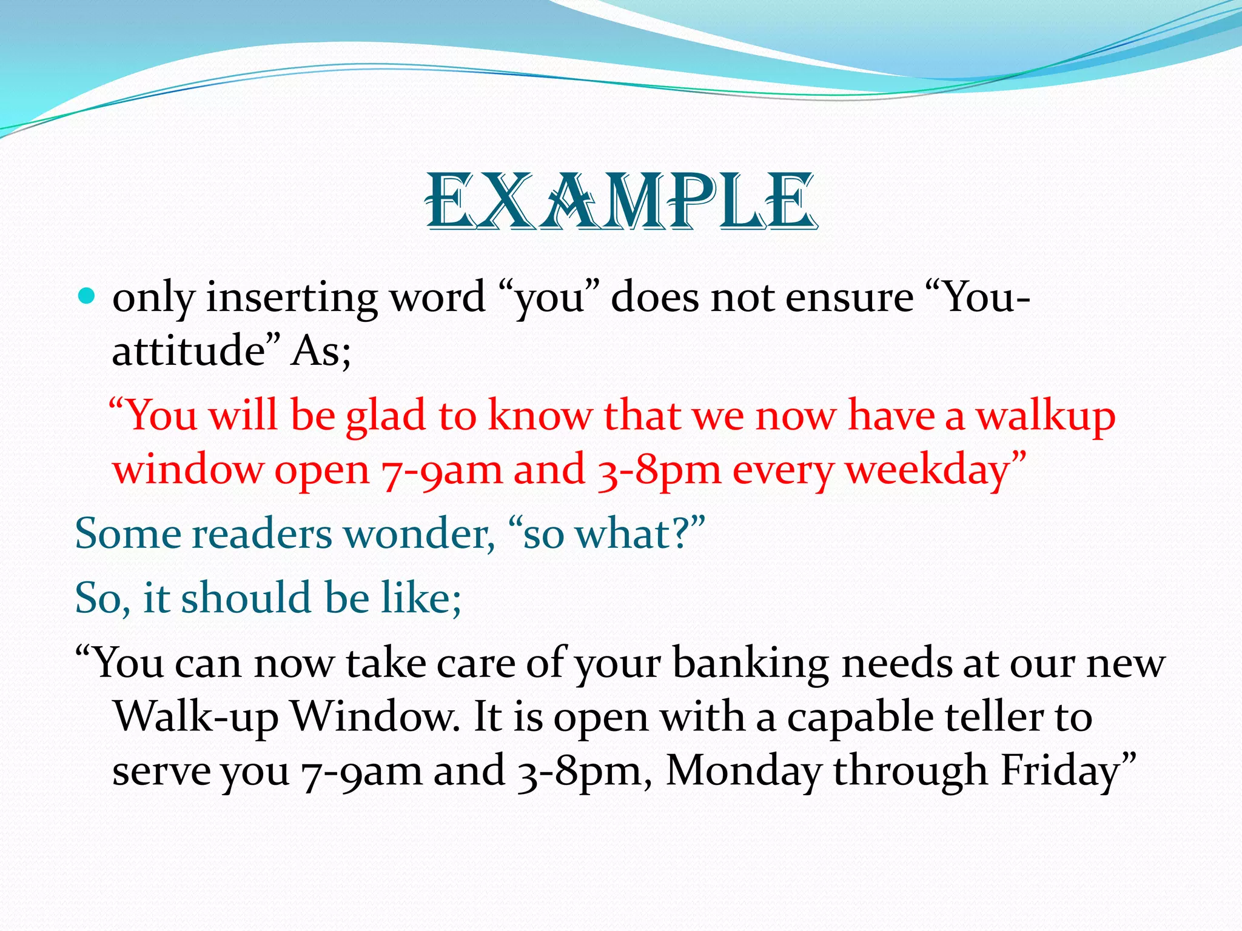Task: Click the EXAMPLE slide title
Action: (621, 202)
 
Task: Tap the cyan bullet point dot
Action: (87, 296)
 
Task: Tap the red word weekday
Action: (928, 470)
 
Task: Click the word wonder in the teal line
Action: (418, 535)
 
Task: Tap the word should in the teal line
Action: (246, 598)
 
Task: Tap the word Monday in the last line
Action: (744, 771)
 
